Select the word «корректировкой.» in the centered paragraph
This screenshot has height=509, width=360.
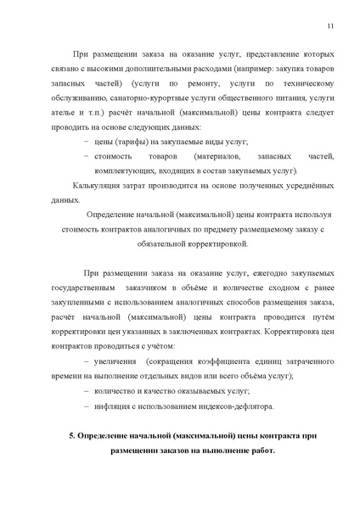click(x=207, y=243)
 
